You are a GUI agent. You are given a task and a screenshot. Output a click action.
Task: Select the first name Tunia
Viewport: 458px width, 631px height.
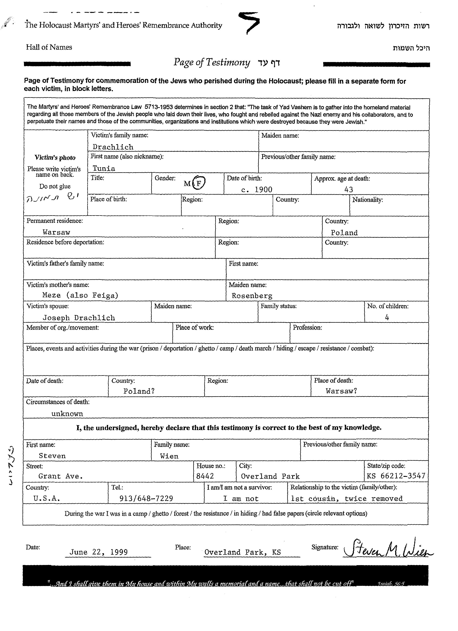click(104, 168)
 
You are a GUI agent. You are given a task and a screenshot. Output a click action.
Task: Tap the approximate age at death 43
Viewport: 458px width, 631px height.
click(349, 190)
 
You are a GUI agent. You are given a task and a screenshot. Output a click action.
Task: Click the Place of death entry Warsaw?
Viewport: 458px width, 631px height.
click(341, 391)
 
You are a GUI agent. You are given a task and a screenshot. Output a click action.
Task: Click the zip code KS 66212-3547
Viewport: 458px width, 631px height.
click(396, 476)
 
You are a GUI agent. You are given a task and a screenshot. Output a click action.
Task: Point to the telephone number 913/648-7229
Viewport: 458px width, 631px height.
click(146, 498)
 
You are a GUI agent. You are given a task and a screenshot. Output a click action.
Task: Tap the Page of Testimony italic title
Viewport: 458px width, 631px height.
click(212, 62)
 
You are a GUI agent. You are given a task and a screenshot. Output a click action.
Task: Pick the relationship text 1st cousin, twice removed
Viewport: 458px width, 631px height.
click(347, 498)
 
